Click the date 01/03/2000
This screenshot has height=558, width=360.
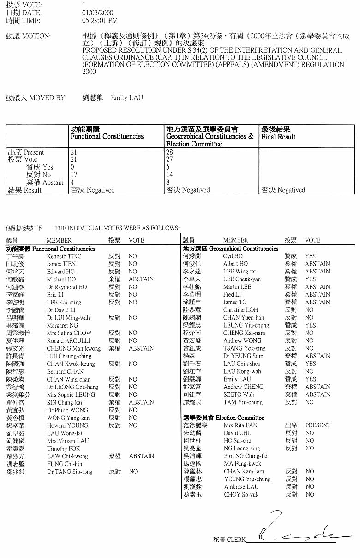point(97,13)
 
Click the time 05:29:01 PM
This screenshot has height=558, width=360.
point(100,21)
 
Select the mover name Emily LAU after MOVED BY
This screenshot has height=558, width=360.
point(127,98)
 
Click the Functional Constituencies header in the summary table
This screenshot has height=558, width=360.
point(107,137)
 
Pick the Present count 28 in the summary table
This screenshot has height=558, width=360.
point(169,152)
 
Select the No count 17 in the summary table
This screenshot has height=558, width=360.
point(74,175)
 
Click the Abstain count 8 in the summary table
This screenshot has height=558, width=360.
point(168,182)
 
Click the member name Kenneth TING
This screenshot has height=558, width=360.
point(64,256)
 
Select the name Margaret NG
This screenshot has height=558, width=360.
point(62,326)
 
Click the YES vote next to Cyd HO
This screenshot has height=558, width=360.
point(310,256)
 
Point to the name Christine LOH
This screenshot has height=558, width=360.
point(240,310)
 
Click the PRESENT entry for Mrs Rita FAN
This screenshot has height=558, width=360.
point(318,425)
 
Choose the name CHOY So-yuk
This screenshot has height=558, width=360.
point(241,494)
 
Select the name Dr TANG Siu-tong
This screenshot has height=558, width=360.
point(70,472)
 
